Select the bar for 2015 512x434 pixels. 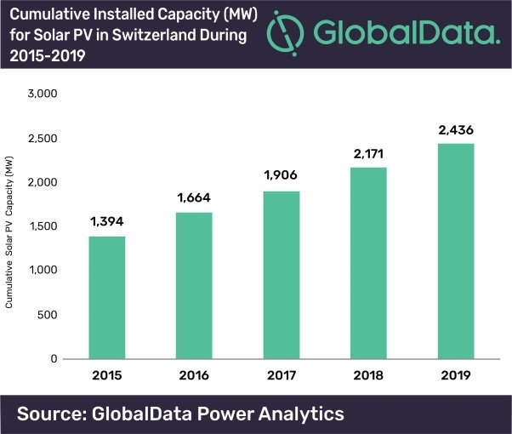coord(108,297)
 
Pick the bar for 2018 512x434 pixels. coord(367,263)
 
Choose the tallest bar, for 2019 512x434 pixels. coord(454,251)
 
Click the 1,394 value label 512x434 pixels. coord(108,221)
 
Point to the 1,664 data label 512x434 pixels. coord(195,198)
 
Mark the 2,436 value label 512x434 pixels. coord(454,130)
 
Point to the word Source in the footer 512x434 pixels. coord(52,414)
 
